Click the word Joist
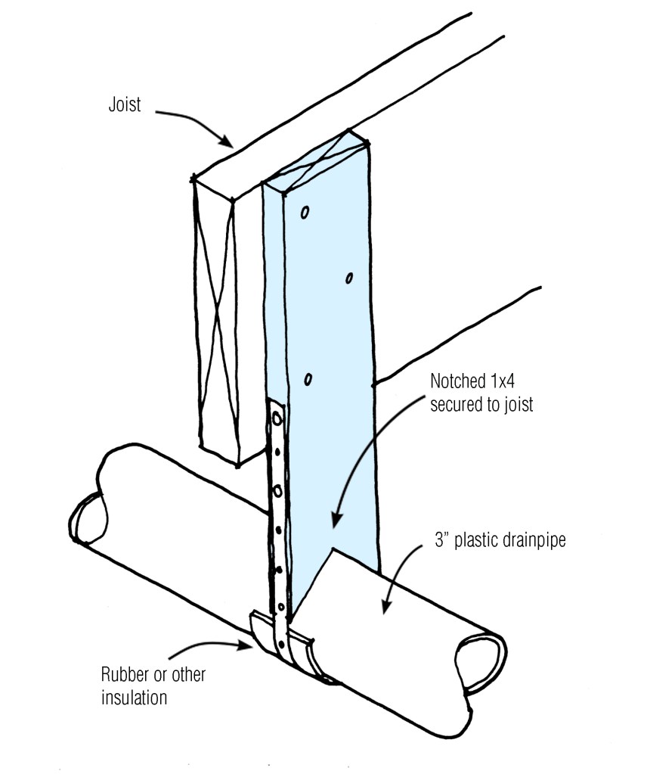coord(124,104)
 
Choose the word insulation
coord(134,697)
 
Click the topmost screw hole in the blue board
coord(305,213)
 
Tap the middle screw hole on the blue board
coord(349,278)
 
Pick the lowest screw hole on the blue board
coord(308,378)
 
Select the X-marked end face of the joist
coord(215,318)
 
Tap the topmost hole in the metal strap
coord(277,417)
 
